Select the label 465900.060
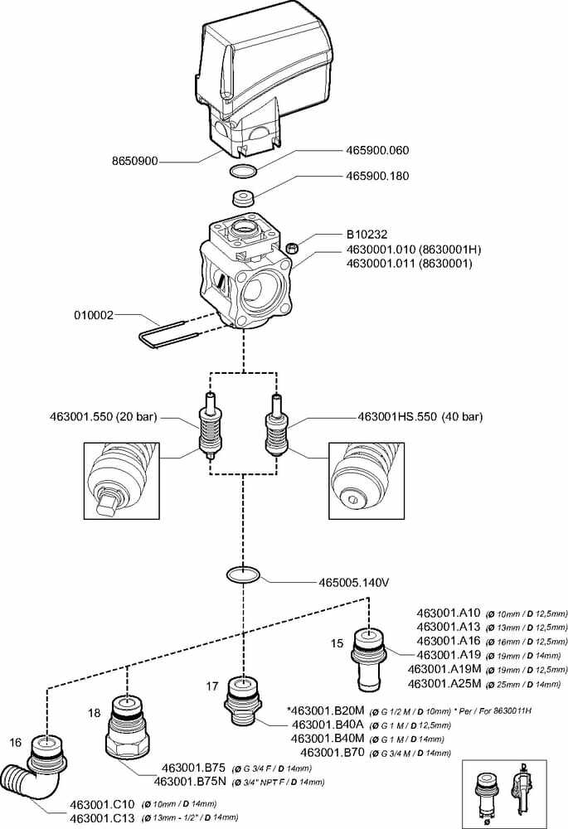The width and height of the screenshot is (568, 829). tap(377, 151)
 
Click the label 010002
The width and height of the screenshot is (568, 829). tap(93, 315)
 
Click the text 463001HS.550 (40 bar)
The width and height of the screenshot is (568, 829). tap(420, 416)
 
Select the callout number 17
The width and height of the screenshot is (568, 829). tap(212, 686)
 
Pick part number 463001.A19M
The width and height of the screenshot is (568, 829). tap(445, 669)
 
